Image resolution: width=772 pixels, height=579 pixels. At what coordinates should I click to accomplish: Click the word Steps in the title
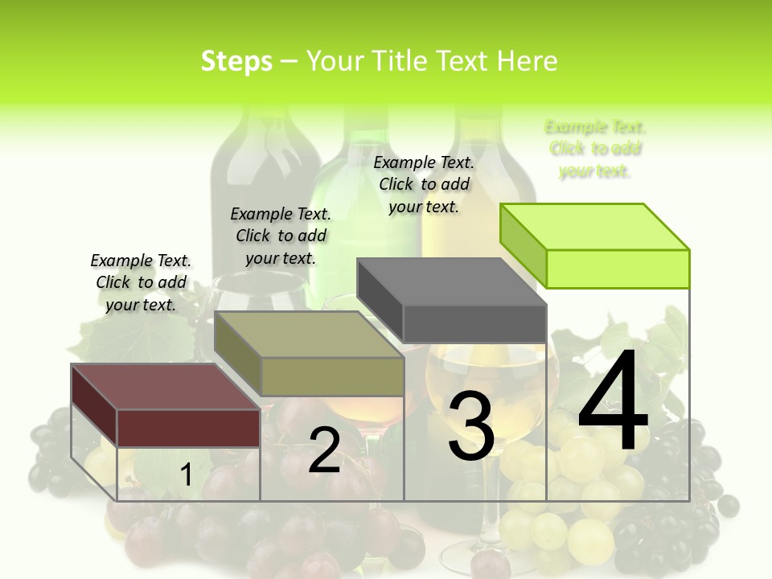[x=236, y=61]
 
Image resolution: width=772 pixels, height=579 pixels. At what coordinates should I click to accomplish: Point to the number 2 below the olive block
[x=324, y=450]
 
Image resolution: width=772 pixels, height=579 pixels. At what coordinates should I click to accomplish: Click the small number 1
[x=186, y=475]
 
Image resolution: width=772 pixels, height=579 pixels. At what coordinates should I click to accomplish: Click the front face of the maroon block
[x=189, y=428]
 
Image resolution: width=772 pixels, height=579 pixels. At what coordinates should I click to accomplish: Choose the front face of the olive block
[x=332, y=376]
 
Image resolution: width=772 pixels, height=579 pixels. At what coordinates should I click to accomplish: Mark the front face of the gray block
[x=474, y=323]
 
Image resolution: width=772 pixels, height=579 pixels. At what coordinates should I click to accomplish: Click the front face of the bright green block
[x=618, y=269]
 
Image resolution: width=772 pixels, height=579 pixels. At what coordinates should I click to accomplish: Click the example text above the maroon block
[x=141, y=282]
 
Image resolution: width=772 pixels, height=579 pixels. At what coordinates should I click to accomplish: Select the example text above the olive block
[x=281, y=236]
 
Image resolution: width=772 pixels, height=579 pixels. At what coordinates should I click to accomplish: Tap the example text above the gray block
[x=424, y=184]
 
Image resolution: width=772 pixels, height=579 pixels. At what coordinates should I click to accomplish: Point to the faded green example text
[x=595, y=149]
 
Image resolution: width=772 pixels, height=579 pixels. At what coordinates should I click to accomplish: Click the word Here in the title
[x=528, y=61]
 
